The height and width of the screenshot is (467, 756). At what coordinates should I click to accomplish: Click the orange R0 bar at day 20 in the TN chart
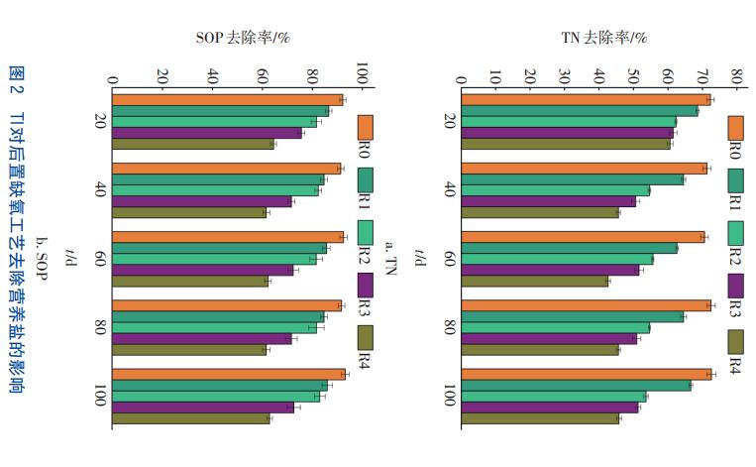click(585, 99)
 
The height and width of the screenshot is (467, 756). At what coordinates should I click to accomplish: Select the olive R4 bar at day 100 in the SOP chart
click(188, 418)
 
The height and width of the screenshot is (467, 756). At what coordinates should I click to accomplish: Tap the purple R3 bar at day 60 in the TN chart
click(550, 270)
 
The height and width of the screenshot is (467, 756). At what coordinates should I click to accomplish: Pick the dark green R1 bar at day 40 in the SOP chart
click(218, 179)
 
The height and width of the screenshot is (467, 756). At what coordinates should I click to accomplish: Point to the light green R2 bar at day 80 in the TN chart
click(555, 327)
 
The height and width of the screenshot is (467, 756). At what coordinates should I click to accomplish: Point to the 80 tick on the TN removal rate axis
click(736, 76)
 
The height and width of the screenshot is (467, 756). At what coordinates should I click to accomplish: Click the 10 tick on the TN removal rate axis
click(495, 76)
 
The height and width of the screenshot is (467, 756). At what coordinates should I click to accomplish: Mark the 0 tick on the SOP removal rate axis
click(113, 76)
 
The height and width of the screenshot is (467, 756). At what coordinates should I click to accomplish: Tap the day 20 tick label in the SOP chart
click(100, 121)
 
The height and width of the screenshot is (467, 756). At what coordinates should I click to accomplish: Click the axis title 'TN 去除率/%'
click(603, 39)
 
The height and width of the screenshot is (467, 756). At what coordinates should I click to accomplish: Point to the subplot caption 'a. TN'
click(390, 256)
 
